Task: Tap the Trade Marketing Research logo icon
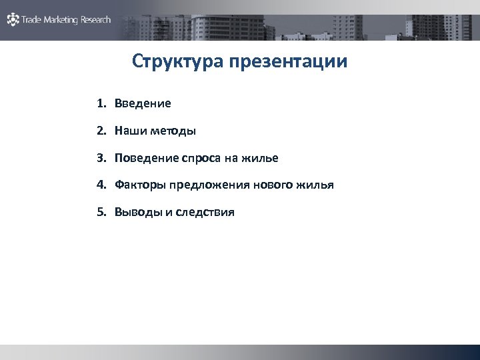[x=13, y=20]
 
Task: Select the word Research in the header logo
[x=95, y=20]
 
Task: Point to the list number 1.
[x=100, y=104]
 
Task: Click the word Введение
[x=143, y=104]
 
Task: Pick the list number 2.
[x=100, y=131]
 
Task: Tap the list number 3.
[x=100, y=159]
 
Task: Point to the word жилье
[x=261, y=159]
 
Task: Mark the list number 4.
[x=100, y=185]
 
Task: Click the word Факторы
[x=140, y=185]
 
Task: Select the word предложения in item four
[x=210, y=185]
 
